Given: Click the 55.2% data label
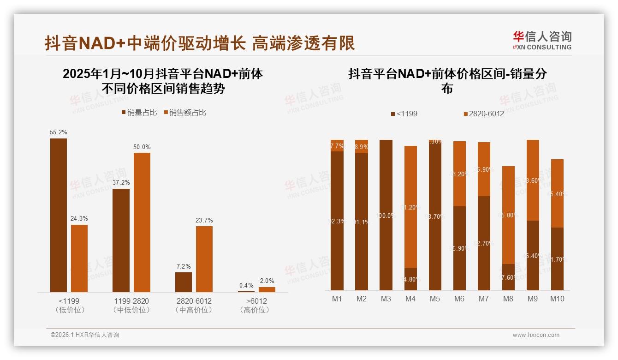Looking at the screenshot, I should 59,132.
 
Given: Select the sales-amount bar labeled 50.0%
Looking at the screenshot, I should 142,222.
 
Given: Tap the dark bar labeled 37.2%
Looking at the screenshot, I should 121,240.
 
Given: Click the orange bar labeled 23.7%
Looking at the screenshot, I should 204,258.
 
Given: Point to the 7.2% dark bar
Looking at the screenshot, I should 184,282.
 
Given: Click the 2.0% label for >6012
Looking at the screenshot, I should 267,281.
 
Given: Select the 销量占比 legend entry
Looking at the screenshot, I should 139,113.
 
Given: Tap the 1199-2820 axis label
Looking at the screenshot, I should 131,301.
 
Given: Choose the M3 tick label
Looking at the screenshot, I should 386,299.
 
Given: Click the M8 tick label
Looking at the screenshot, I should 508,299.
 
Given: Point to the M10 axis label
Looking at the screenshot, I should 557,299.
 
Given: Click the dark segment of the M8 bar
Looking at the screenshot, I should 508,277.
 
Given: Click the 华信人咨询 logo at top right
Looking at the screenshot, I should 542,40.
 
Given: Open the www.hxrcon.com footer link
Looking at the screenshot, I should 536,335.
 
